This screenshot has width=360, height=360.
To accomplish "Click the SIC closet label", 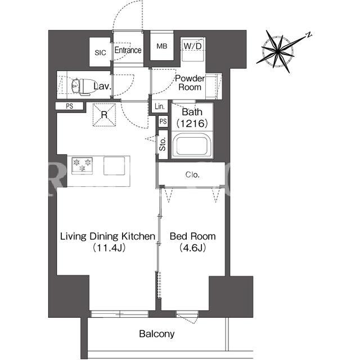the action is (x=100, y=52).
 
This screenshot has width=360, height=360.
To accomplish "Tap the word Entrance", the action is (x=128, y=50).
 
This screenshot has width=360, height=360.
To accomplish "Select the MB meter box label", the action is (x=162, y=46).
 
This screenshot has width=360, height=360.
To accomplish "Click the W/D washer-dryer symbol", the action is (x=192, y=49).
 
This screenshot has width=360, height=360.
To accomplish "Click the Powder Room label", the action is (x=190, y=83).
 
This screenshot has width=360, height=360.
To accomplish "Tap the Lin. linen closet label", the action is (x=160, y=106).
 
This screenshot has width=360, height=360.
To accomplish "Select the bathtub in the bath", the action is (x=192, y=146).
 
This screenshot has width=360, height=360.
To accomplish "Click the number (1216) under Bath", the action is (x=192, y=124).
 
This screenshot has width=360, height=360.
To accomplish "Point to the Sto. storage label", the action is (x=163, y=144).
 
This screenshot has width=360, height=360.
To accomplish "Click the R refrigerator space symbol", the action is (x=104, y=115).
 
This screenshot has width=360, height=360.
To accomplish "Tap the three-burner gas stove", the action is (x=82, y=165).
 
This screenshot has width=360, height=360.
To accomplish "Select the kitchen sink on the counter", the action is (x=114, y=165).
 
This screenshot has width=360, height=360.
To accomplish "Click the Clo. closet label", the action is (x=192, y=175).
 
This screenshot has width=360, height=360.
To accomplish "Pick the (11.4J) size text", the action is (x=109, y=247).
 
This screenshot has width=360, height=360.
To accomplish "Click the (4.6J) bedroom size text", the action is (x=192, y=247).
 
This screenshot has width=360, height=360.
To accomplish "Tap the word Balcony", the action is (x=157, y=334).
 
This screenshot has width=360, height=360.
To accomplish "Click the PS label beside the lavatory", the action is (x=69, y=106).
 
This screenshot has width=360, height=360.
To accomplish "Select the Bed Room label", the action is (x=192, y=236).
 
